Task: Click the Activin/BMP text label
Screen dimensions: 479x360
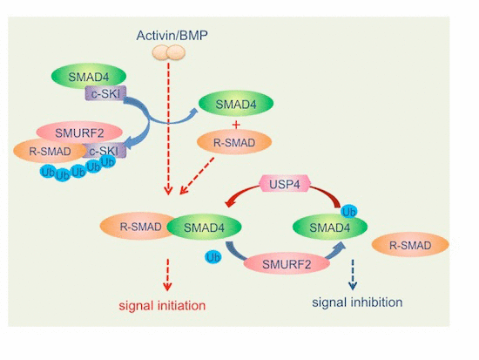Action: [172, 36]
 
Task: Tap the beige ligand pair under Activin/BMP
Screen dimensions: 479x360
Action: [169, 52]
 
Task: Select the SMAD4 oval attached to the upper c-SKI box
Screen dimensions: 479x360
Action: [89, 77]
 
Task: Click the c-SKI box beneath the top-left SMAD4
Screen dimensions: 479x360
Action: [105, 93]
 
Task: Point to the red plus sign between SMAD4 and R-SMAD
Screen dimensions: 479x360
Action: [236, 125]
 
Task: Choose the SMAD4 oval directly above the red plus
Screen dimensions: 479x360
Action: [236, 104]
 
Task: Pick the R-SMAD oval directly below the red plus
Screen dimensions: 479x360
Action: [234, 143]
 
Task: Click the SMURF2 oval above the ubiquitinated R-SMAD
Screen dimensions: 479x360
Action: [79, 132]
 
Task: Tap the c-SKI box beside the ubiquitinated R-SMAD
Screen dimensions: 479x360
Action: [105, 151]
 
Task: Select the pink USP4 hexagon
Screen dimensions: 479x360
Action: [285, 184]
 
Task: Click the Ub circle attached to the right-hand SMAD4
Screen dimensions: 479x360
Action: [349, 212]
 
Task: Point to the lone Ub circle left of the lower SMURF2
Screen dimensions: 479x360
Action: [213, 257]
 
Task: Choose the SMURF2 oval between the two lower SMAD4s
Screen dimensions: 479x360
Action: [287, 263]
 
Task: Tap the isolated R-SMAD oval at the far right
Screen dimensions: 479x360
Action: [410, 245]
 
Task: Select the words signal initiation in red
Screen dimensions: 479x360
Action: [162, 305]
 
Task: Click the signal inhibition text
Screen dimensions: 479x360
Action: [357, 302]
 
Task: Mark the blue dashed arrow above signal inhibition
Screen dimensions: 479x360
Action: [353, 275]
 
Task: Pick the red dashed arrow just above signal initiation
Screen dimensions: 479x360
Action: [167, 275]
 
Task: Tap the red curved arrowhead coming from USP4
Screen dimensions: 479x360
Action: [231, 202]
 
